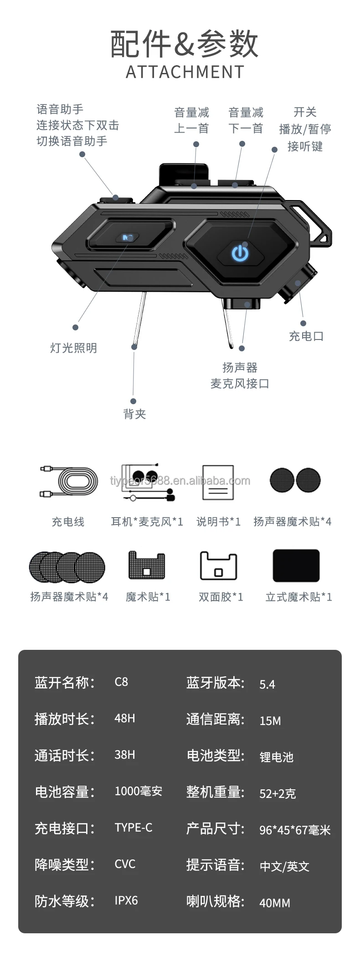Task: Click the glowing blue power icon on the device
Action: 240,253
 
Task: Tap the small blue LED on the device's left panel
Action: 128,237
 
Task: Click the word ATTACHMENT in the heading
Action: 185,72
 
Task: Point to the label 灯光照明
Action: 73,348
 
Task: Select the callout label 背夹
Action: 134,414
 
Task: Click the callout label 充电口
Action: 306,336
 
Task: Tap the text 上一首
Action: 191,129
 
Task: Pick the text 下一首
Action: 246,129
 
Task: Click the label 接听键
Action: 305,146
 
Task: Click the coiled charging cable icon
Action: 69,481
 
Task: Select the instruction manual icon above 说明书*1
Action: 218,483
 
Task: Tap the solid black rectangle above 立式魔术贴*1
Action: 296,566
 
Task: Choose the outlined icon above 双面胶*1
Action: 218,566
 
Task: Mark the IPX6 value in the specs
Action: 126,900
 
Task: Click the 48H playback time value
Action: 125,718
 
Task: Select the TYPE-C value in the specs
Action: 134,828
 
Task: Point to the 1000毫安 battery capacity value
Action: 139,791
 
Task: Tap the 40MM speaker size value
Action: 275,903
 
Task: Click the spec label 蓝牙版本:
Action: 216,683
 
